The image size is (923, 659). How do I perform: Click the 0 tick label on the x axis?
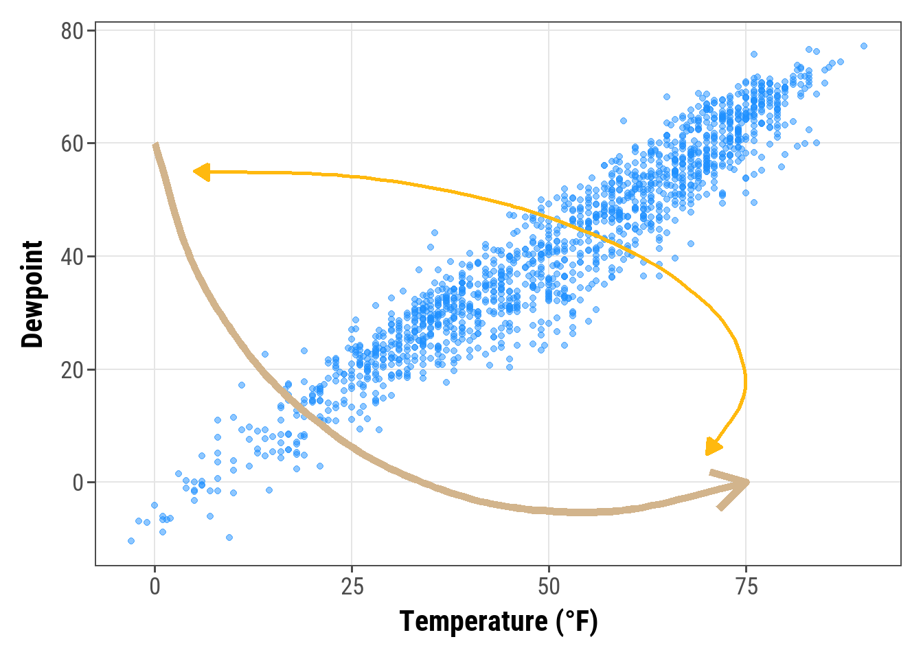[x=155, y=588]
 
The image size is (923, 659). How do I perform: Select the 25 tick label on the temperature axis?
[x=352, y=588]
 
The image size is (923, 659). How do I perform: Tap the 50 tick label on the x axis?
[x=549, y=588]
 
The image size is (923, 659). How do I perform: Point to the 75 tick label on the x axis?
[x=746, y=588]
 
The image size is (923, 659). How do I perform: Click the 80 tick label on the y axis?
[x=71, y=32]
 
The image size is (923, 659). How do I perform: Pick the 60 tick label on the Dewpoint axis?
[x=71, y=144]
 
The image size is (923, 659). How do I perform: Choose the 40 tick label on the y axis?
[x=71, y=257]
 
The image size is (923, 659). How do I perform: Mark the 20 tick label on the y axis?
[x=71, y=370]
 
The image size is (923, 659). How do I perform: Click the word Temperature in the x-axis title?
[x=473, y=622]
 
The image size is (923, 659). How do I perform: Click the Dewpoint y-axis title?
[x=32, y=294]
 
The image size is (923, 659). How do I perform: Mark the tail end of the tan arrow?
[x=156, y=146]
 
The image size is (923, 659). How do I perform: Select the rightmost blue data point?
[x=864, y=46]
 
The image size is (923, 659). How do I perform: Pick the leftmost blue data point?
[x=131, y=541]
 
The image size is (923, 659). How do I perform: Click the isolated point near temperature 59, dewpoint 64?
[x=624, y=121]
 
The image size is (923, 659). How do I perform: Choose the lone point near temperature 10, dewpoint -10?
[x=229, y=537]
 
